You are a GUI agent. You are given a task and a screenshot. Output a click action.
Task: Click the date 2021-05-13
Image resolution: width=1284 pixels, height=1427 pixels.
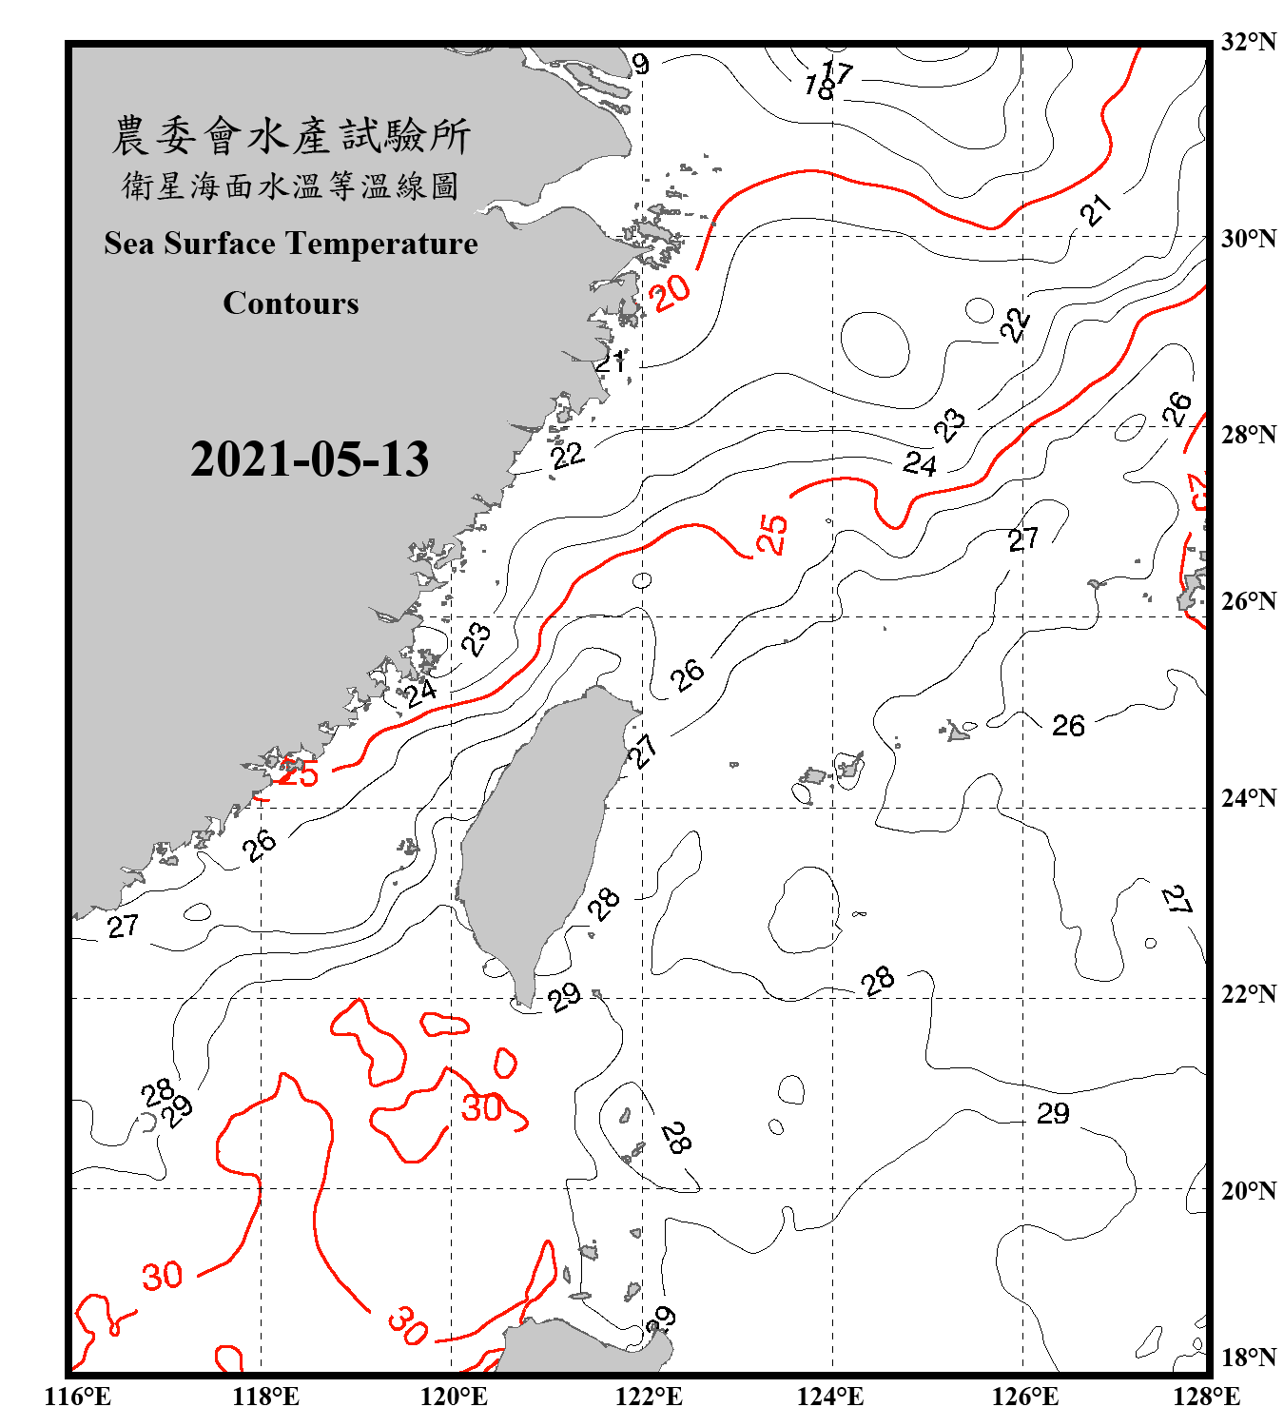coord(309,459)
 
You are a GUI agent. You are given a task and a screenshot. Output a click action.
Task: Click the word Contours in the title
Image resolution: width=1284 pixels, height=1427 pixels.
coord(291,303)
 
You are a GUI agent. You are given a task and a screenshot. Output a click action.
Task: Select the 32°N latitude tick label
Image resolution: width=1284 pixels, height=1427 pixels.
coord(1248,42)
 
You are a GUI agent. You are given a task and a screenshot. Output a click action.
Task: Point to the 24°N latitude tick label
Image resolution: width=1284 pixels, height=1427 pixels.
coord(1248,798)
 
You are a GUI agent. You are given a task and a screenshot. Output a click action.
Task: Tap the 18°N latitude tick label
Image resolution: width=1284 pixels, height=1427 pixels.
coord(1248,1358)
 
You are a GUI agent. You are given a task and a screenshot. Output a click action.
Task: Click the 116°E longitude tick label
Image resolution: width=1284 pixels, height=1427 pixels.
coord(78,1397)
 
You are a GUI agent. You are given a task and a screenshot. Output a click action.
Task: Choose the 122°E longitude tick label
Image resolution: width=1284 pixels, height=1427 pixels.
coord(649,1397)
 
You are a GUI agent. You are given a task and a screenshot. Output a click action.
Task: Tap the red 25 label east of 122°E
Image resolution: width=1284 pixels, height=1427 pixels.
coord(772,534)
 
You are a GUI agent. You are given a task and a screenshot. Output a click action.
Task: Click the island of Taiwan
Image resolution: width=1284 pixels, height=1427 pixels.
coord(537,837)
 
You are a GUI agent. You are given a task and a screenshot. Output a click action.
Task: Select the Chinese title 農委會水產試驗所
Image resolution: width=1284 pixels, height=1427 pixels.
coord(291,136)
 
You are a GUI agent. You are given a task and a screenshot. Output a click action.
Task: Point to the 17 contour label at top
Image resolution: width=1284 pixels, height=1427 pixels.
coord(837,69)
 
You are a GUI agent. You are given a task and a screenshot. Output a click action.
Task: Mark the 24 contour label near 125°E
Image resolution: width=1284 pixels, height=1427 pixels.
coord(920,463)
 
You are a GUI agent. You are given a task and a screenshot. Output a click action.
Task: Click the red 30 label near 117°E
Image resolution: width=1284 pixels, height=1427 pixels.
coord(162,1275)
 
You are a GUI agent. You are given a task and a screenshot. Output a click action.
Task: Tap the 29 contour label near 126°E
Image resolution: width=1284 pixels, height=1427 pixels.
coord(1053,1113)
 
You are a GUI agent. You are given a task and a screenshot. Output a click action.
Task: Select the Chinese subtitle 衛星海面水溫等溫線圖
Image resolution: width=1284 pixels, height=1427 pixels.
coord(291,186)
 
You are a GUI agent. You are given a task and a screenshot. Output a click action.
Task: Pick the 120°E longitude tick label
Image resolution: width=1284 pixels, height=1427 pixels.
coord(454,1397)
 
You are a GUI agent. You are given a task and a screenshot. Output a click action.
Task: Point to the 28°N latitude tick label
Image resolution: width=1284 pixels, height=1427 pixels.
coord(1248,435)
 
